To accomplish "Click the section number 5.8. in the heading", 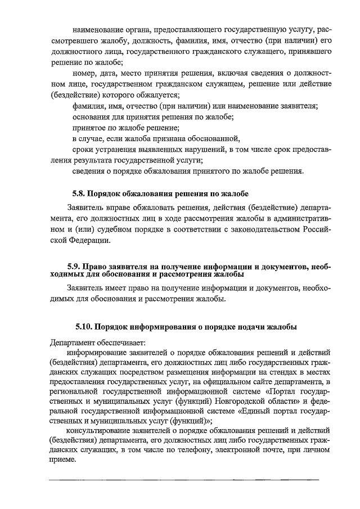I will click(x=79, y=194).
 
